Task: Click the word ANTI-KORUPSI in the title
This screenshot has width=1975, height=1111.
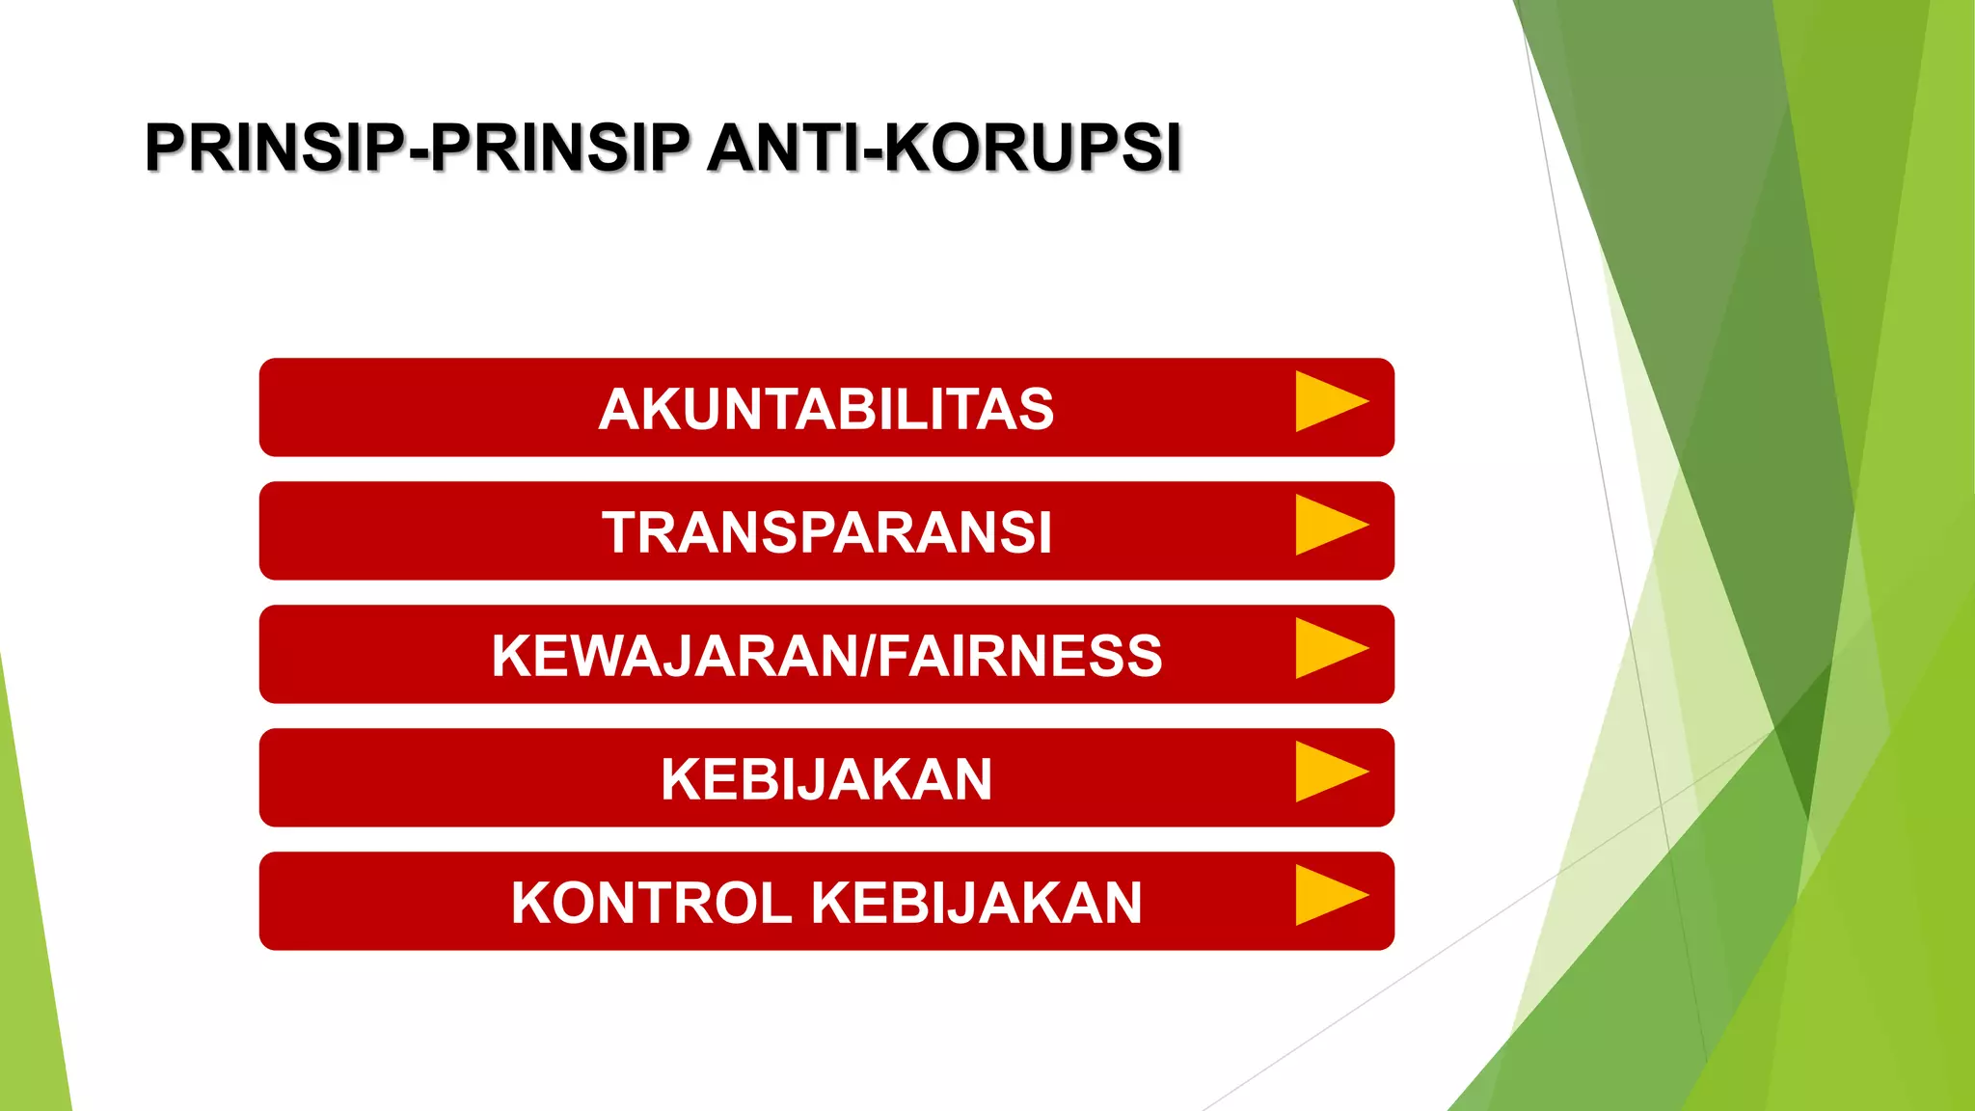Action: click(943, 148)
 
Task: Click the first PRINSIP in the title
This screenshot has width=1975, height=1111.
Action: click(276, 148)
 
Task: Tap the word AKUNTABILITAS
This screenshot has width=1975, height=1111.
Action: click(826, 409)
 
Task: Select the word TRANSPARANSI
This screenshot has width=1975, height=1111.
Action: click(826, 532)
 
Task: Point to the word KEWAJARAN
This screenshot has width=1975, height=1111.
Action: click(674, 656)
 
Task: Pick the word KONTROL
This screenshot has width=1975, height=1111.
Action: click(651, 903)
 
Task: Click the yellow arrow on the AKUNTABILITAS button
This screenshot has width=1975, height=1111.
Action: click(1328, 401)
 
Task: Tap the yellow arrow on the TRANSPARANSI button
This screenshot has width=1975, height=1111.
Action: click(1328, 525)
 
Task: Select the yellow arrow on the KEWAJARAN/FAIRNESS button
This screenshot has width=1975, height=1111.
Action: click(1328, 648)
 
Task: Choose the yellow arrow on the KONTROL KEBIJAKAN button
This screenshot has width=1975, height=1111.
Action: click(1328, 895)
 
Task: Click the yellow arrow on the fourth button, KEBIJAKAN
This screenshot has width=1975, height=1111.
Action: click(1328, 772)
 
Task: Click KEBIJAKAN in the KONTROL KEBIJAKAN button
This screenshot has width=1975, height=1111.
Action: click(976, 903)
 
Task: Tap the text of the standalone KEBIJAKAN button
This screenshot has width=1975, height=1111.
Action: click(826, 779)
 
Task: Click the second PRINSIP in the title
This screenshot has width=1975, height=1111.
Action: click(559, 148)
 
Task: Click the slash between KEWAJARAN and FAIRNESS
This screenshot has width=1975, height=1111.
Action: click(867, 656)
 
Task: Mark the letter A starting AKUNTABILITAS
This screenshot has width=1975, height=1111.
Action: click(618, 409)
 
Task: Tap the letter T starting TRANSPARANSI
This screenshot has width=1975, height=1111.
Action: click(621, 532)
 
